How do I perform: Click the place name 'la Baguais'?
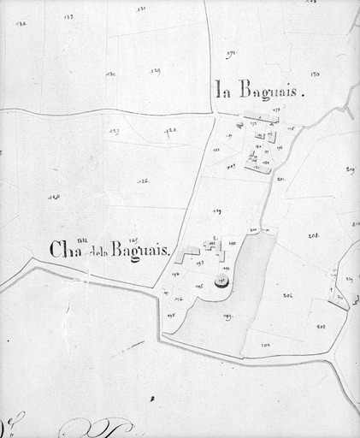click(x=260, y=88)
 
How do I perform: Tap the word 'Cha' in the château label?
click(x=63, y=250)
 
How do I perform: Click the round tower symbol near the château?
click(x=221, y=280)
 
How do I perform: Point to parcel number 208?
click(x=315, y=234)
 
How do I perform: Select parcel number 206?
click(x=288, y=295)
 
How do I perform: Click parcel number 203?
click(x=322, y=326)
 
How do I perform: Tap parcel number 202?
click(x=266, y=344)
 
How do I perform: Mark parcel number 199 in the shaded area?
click(x=227, y=317)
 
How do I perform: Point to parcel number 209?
click(x=351, y=169)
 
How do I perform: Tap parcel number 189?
click(x=217, y=211)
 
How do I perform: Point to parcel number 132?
click(x=21, y=23)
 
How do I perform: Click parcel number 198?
click(x=171, y=315)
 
